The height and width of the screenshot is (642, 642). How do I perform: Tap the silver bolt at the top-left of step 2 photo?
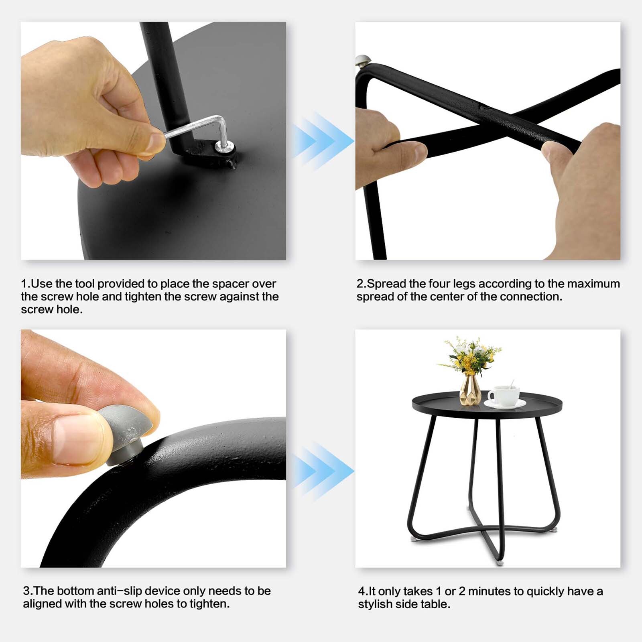363,61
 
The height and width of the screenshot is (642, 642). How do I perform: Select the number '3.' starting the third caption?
28,591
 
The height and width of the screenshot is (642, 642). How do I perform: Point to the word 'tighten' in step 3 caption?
208,603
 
